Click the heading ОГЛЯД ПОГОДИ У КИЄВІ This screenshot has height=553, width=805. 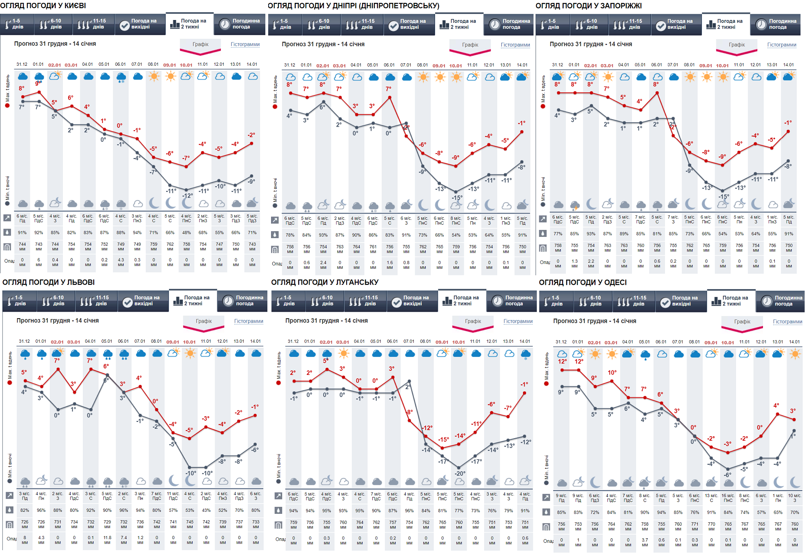(x=43, y=6)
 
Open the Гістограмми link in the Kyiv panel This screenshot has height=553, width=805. (x=245, y=44)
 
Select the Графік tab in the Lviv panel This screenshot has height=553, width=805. (x=204, y=321)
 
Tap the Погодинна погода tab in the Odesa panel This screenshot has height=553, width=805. (x=780, y=301)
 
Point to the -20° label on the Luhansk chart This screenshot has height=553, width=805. (x=460, y=473)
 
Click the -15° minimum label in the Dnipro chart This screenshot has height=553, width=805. (x=457, y=198)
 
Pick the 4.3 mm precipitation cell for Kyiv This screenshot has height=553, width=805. (x=121, y=262)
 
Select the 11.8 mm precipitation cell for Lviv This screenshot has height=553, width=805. (x=107, y=540)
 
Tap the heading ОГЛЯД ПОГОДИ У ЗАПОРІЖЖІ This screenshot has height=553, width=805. (x=588, y=6)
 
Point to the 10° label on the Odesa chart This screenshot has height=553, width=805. (x=612, y=372)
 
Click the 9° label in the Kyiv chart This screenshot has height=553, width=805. (x=38, y=83)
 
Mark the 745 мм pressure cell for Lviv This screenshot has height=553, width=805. (x=190, y=524)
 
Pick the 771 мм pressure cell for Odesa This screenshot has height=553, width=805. (x=695, y=526)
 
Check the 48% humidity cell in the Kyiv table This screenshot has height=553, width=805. (x=187, y=233)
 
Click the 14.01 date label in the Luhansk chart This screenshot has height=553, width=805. (x=525, y=341)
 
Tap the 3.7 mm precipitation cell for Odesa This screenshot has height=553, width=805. (x=645, y=542)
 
